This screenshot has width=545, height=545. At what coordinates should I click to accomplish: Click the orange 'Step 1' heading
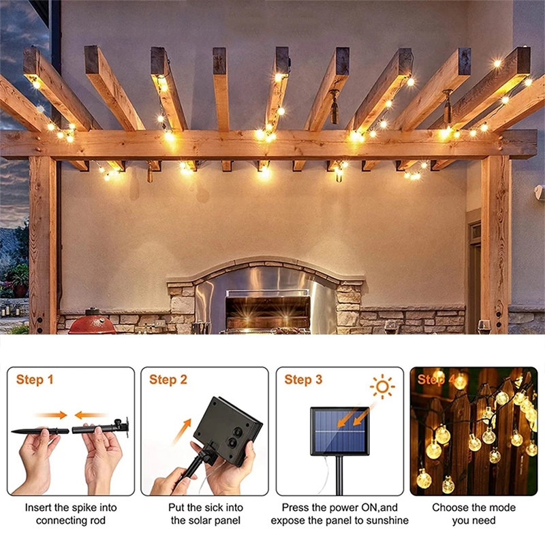pos(35,379)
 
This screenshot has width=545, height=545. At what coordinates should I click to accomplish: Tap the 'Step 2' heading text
pos(168,379)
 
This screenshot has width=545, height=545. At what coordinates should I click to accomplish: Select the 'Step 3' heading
pos(303,379)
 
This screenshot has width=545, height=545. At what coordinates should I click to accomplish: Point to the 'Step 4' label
pos(437,379)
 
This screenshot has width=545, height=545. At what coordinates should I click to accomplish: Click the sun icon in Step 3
pos(382,386)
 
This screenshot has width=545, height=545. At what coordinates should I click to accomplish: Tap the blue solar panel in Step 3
pos(340,431)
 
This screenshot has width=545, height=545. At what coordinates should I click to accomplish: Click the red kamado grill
pos(92,322)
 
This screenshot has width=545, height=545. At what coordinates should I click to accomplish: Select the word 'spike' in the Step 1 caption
pos(84,508)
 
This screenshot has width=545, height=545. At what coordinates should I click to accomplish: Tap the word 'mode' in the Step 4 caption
pos(502,508)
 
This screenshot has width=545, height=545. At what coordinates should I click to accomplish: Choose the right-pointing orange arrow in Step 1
pos(51,415)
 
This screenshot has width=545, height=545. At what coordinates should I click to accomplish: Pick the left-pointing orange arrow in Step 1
pos(91,415)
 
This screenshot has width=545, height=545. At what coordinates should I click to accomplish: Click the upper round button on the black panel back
pos(238,432)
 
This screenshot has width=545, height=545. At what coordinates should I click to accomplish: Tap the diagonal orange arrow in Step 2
pos(182,431)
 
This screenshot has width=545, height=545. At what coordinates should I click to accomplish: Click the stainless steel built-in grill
pos(268,309)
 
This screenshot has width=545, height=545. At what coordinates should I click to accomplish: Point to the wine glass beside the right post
pos(484,327)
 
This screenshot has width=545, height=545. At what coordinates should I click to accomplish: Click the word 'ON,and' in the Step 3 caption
pos(379,508)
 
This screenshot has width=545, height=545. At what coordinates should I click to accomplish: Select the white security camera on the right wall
pos(540,192)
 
